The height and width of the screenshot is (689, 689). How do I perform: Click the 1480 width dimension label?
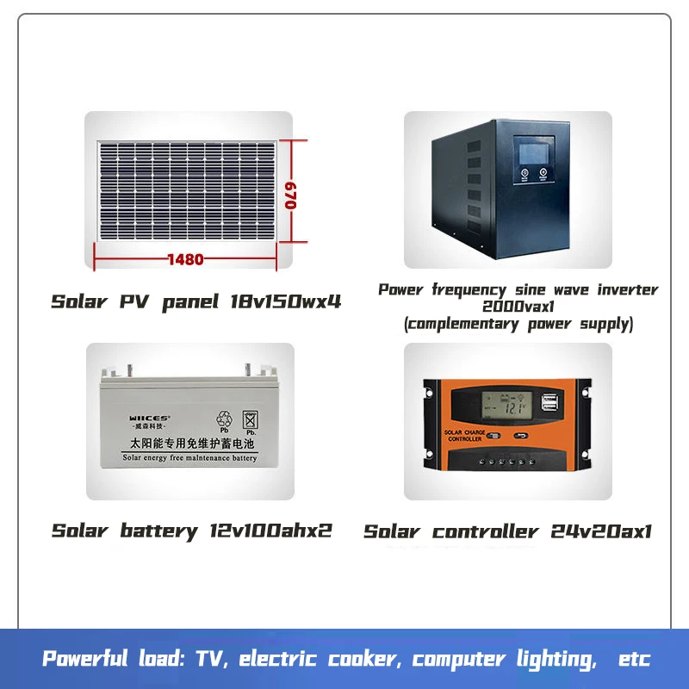click(x=185, y=259)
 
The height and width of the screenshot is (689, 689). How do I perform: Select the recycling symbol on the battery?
click(x=225, y=419)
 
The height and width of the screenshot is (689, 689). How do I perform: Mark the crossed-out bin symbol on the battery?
click(x=251, y=419)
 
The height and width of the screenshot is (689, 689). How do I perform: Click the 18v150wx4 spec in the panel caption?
click(x=287, y=302)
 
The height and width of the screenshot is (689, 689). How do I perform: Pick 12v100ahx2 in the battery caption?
click(x=270, y=531)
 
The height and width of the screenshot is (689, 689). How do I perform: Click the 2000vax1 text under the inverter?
click(x=518, y=307)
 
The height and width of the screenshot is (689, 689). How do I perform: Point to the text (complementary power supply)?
click(x=518, y=325)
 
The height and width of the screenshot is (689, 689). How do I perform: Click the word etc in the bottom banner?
click(x=634, y=660)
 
